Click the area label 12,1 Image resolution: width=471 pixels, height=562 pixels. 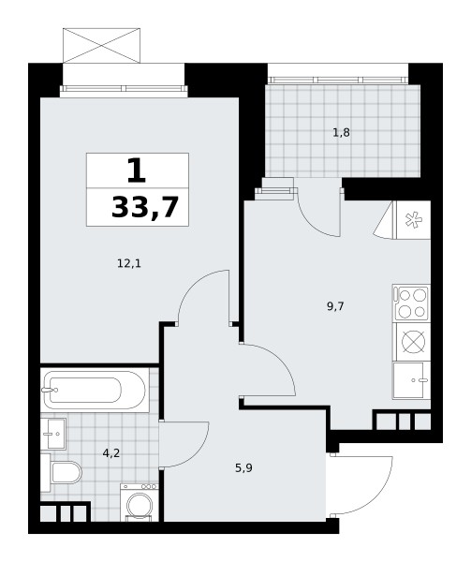[x=129, y=264]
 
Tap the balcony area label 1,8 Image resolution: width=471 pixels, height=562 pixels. [x=341, y=133]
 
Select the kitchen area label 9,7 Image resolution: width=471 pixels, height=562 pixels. [x=335, y=306]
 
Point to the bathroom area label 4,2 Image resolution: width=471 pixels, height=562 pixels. [x=111, y=453]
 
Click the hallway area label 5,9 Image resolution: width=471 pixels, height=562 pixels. [x=243, y=468]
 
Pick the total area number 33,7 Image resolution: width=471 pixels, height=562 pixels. [x=145, y=208]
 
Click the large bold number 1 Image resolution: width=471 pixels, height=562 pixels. [x=137, y=170]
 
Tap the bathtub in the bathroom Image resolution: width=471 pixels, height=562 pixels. [x=95, y=390]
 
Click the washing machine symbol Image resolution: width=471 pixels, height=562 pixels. [x=140, y=502]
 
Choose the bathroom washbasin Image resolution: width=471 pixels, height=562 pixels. [x=53, y=434]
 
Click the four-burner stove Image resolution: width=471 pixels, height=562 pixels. [x=411, y=303]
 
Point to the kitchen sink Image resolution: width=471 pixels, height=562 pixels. [x=411, y=380]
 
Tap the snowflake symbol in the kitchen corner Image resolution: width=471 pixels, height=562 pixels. [x=414, y=220]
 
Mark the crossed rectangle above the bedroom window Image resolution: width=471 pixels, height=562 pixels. [x=101, y=46]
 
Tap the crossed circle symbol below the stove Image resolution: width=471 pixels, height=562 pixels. [x=414, y=342]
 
